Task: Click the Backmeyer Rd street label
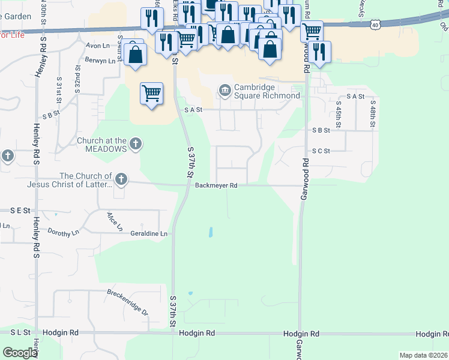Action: click(x=216, y=185)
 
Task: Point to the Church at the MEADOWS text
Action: click(x=102, y=144)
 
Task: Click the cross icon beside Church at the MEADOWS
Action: click(x=136, y=144)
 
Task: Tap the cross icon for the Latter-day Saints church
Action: click(x=121, y=178)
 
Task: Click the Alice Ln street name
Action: click(x=115, y=221)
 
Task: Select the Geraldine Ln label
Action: click(x=149, y=234)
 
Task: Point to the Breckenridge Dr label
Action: click(x=127, y=302)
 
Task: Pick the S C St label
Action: click(x=321, y=151)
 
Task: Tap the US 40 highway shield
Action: click(x=375, y=25)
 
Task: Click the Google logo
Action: click(x=20, y=353)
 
